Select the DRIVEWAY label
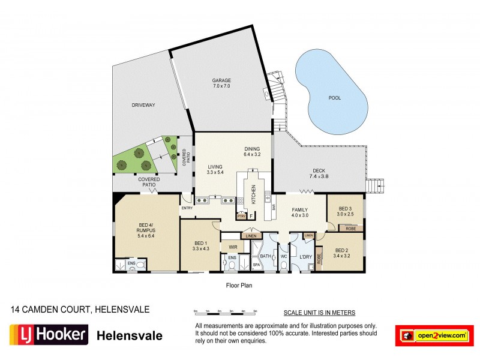(143, 105)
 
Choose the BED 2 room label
(342, 250)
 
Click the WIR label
(232, 246)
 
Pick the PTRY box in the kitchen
(241, 216)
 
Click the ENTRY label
(186, 208)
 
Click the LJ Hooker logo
(49, 334)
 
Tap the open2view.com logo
(432, 335)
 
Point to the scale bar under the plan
(225, 312)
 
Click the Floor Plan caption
(239, 286)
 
